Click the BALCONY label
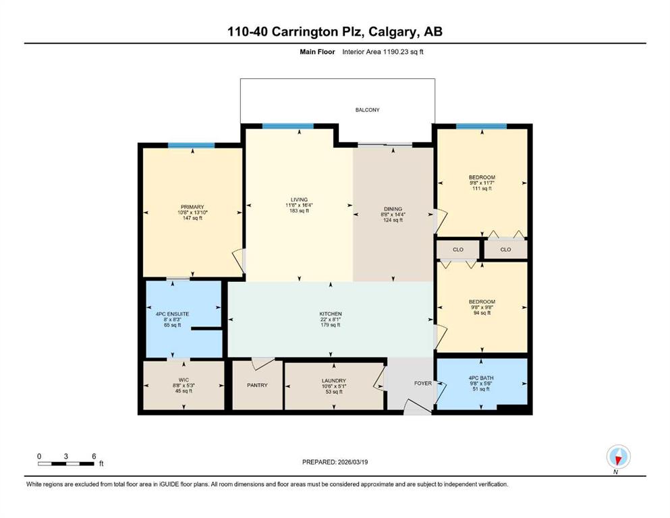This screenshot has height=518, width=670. pos(368,109)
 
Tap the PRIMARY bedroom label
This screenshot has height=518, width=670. pos(192,207)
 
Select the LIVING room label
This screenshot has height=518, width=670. pos(299,200)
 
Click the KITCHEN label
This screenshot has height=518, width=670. pos(331,314)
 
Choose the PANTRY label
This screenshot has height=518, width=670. pos(257,385)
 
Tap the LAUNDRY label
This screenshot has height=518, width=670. pos(333,380)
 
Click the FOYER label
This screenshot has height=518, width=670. pos(422,383)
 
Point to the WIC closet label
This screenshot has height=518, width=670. pos(183,380)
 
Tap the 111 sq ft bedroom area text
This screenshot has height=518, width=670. pos(482,189)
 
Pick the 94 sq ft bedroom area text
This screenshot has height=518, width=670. pos(482,313)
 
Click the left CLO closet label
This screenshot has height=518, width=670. pos(458,250)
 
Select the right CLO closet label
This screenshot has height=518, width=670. pos(506,250)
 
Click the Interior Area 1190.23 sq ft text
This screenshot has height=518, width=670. pos(383,51)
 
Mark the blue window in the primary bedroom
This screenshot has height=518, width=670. pos(191,145)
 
